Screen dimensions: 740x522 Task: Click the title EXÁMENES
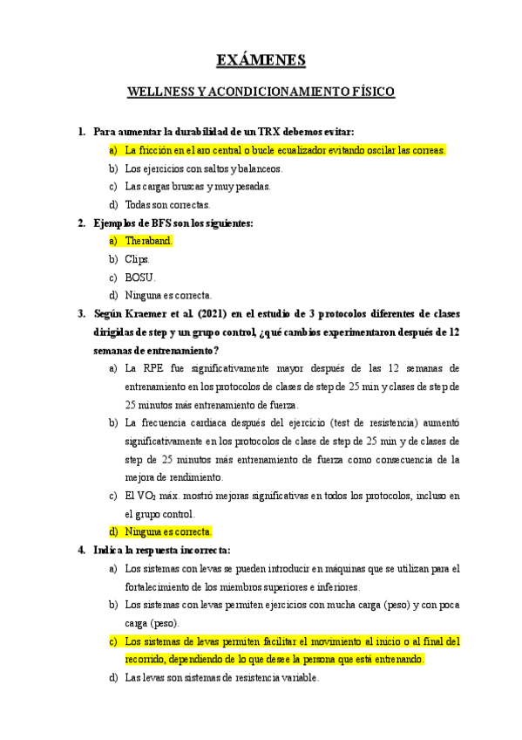click(x=261, y=60)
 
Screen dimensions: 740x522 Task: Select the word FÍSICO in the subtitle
click(x=371, y=92)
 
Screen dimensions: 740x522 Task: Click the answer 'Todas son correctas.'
click(x=167, y=205)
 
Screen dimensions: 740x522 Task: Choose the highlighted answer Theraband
click(x=149, y=241)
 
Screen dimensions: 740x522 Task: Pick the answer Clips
click(x=138, y=259)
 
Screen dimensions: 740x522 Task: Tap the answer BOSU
click(x=140, y=277)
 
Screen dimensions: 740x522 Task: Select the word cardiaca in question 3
click(x=207, y=423)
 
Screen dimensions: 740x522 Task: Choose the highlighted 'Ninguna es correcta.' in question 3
click(x=168, y=531)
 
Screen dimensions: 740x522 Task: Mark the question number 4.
click(x=80, y=550)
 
